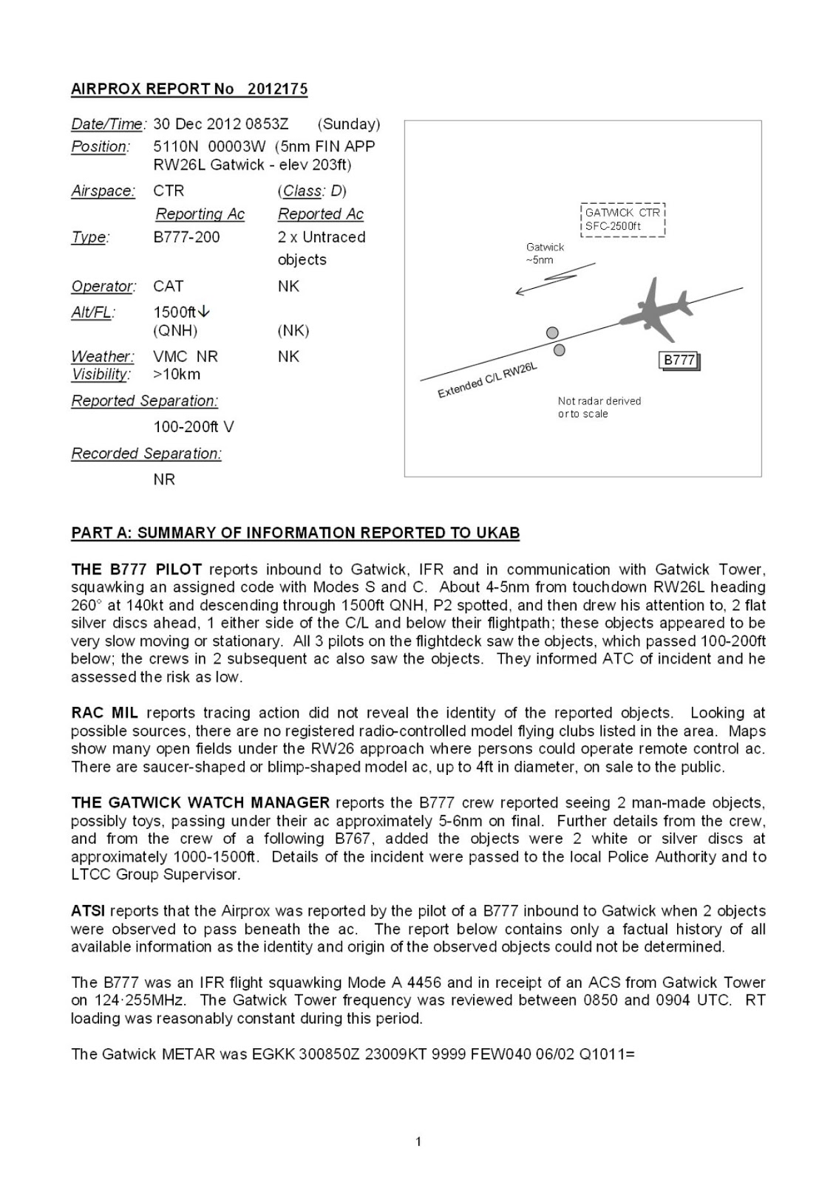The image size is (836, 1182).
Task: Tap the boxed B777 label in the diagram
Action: [679, 361]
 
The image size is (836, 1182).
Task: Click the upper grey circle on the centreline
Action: [552, 333]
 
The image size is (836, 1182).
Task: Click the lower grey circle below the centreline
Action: [560, 349]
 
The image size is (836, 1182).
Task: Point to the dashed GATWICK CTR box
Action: [623, 219]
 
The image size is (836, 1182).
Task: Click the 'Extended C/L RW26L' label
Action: [487, 380]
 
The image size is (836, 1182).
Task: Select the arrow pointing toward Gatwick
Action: [554, 279]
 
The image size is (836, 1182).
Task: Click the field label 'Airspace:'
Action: [103, 191]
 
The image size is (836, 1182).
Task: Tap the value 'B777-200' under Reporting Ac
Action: [186, 237]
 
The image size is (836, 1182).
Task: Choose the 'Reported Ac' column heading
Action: [321, 214]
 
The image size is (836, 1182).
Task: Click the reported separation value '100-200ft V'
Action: [194, 427]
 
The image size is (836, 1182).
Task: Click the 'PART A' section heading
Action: [295, 533]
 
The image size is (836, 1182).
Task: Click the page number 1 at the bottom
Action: [418, 1142]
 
